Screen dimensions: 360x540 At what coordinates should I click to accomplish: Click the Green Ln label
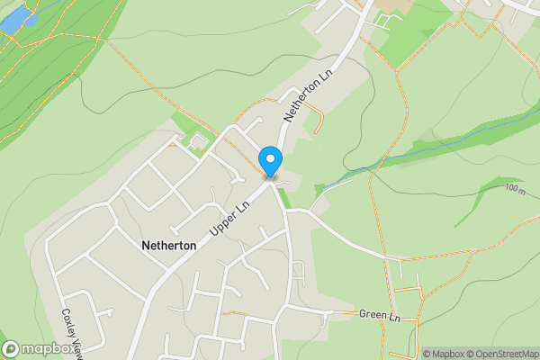click(378, 316)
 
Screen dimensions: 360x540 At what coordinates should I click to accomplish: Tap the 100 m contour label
click(515, 190)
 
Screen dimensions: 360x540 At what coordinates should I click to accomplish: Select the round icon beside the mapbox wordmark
click(11, 347)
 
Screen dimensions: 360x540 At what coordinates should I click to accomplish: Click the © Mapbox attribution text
click(447, 354)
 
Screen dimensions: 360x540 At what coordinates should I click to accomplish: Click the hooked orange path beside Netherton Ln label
click(317, 112)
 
